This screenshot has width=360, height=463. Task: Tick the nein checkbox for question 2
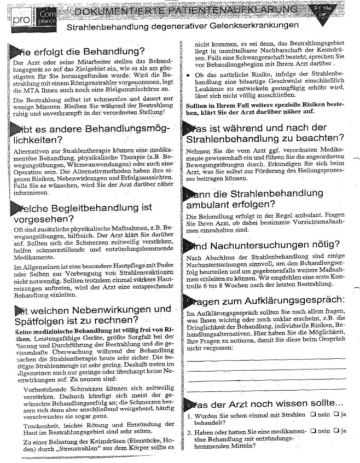pyautogui.click(x=312, y=431)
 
